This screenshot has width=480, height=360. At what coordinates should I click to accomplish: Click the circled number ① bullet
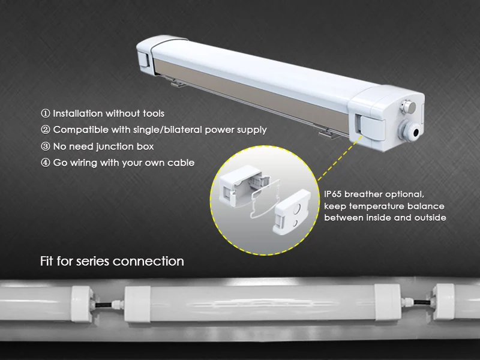pyautogui.click(x=46, y=113)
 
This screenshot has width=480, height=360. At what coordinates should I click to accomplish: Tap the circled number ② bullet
pyautogui.click(x=46, y=130)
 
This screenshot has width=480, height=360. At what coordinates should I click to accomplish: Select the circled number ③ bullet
pyautogui.click(x=46, y=146)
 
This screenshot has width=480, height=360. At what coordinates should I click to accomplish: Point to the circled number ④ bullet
pyautogui.click(x=46, y=163)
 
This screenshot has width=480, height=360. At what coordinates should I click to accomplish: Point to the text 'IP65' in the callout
pyautogui.click(x=333, y=194)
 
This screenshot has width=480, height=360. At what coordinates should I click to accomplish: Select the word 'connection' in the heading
pyautogui.click(x=148, y=262)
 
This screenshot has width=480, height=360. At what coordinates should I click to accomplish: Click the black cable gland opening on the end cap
pyautogui.click(x=416, y=133)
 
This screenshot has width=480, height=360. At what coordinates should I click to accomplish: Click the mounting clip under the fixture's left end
pyautogui.click(x=177, y=82)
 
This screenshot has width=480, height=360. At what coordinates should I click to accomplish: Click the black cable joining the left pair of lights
pyautogui.click(x=103, y=304)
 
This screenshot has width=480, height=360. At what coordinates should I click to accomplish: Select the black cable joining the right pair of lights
pyautogui.click(x=422, y=302)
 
